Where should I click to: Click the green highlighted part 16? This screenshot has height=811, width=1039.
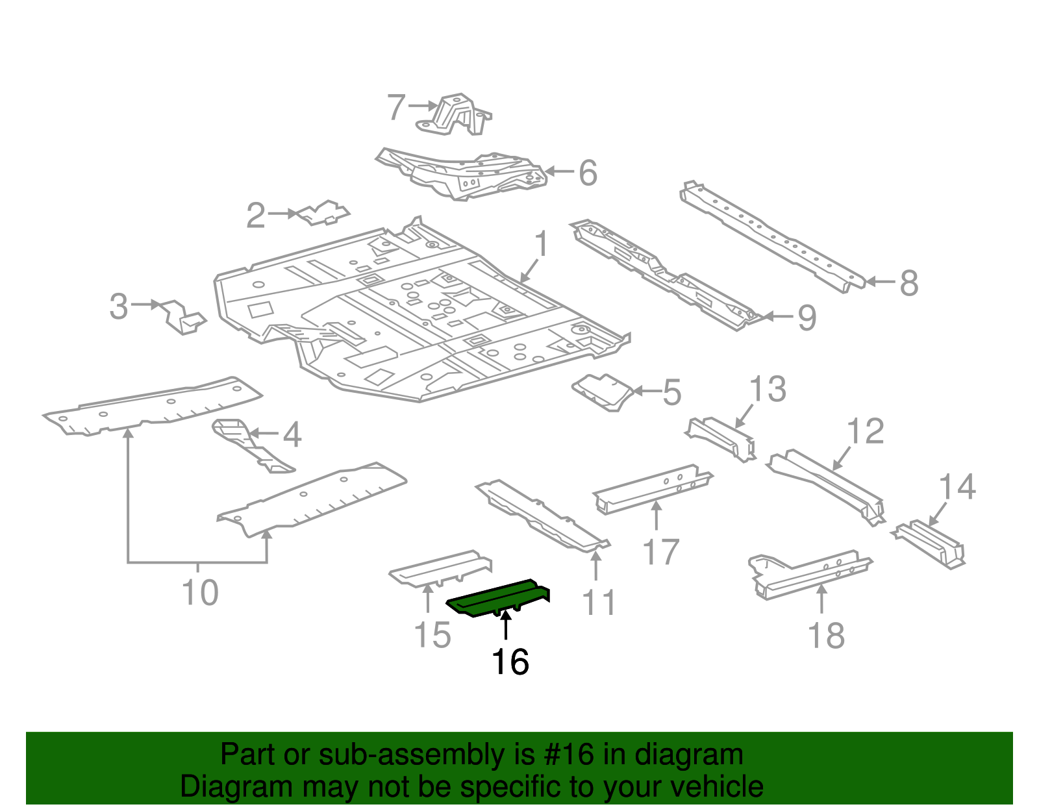click(x=497, y=597)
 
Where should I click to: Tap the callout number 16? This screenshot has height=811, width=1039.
click(x=510, y=662)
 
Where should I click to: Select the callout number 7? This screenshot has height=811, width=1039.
click(x=396, y=107)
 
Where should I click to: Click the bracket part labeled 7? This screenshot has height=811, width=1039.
click(x=458, y=116)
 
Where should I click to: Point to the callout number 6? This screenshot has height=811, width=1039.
click(x=587, y=173)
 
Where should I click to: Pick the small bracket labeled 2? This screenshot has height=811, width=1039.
click(x=323, y=213)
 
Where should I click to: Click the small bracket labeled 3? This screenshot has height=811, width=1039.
click(x=182, y=317)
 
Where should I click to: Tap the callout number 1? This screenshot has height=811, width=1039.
click(x=542, y=245)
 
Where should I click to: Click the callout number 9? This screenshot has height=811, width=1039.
click(x=806, y=318)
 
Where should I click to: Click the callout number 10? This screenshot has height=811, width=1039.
click(x=200, y=592)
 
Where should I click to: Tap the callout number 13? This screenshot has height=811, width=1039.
click(x=768, y=390)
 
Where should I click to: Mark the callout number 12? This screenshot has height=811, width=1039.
click(x=866, y=431)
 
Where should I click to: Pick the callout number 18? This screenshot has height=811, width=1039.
click(x=826, y=636)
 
